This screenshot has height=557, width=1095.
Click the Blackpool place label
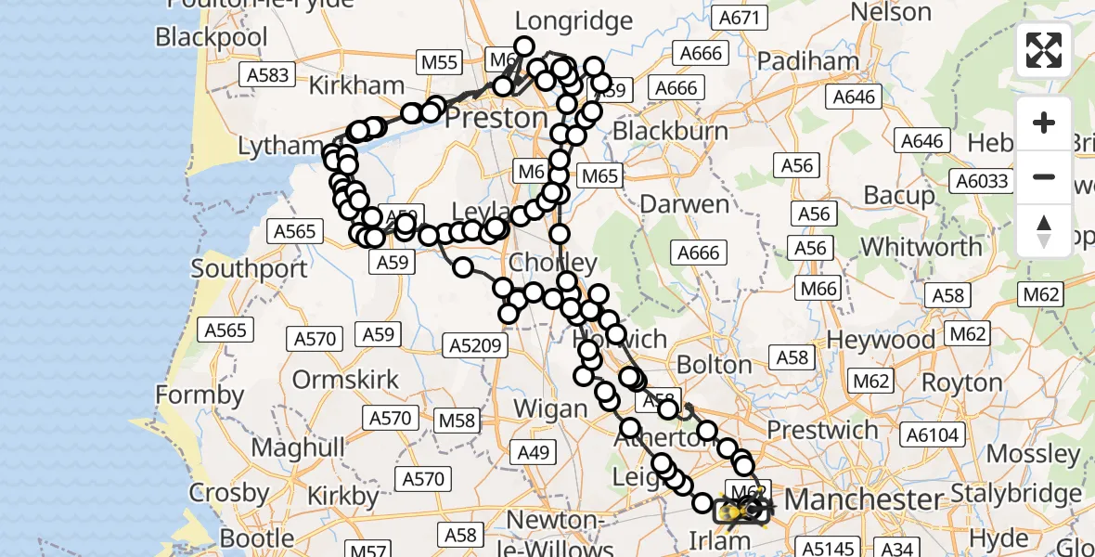click(212, 37)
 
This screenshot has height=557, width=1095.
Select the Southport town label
click(249, 269)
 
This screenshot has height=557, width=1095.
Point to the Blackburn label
click(670, 131)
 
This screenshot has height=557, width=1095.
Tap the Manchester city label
click(862, 499)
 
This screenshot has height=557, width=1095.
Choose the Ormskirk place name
click(345, 380)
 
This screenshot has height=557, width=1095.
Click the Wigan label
click(550, 408)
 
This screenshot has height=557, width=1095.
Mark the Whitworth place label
click(921, 247)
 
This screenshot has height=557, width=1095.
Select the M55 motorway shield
click(439, 62)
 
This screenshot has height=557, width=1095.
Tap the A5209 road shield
click(476, 346)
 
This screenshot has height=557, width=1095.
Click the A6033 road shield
click(985, 181)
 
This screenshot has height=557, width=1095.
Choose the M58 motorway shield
click(457, 421)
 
